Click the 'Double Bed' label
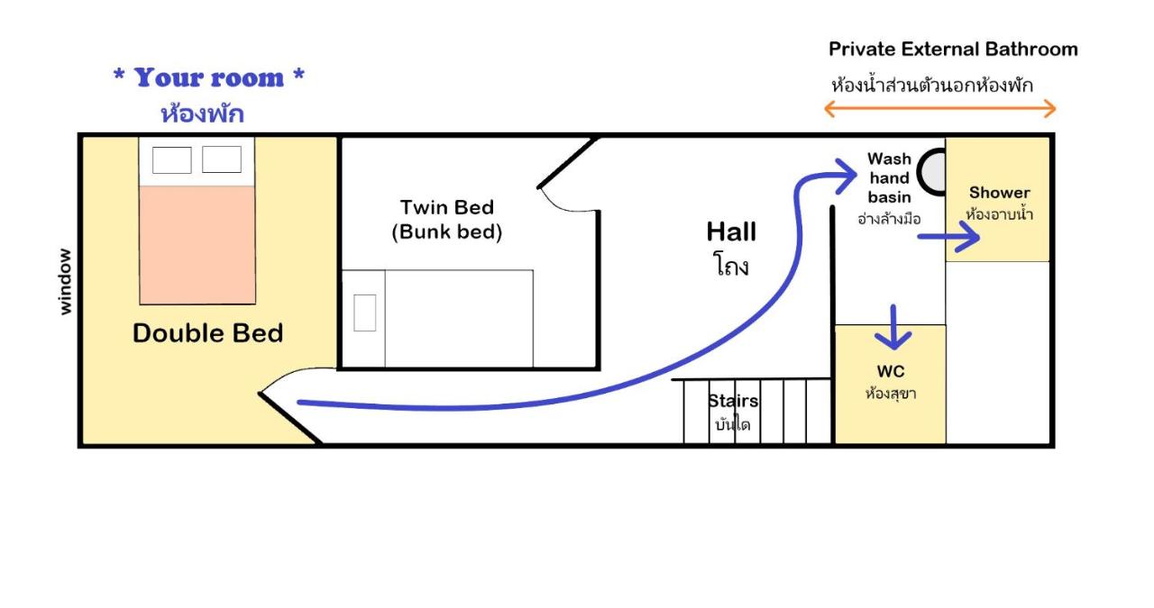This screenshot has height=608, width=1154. click(207, 333)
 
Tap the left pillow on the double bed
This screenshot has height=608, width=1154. click(172, 159)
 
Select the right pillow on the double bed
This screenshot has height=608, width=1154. click(222, 159)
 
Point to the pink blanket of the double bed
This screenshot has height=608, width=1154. click(197, 245)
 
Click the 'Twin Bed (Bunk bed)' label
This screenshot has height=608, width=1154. click(446, 219)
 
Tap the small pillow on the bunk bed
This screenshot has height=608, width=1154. click(365, 313)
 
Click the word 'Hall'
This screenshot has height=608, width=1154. click(731, 231)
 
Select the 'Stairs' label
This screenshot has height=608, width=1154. click(733, 401)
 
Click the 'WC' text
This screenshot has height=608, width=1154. click(890, 371)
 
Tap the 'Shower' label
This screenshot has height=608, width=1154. click(1000, 193)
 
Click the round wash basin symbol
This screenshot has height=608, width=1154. click(932, 172)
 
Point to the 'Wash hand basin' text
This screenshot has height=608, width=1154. click(889, 177)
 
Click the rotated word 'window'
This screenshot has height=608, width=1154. click(64, 282)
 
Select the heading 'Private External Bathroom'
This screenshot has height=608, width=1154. click(953, 50)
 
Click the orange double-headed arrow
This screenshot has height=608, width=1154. click(940, 109)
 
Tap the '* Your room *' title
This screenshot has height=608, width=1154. click(208, 77)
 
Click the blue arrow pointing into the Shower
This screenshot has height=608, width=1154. click(948, 237)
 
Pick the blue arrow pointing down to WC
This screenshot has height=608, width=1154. click(893, 328)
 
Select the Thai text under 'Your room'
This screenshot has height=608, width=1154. click(203, 113)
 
